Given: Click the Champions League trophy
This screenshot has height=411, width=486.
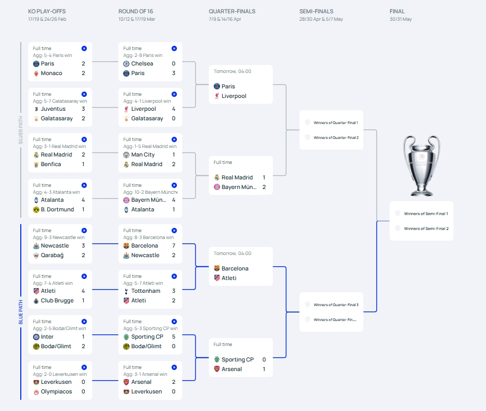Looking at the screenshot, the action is pyautogui.click(x=421, y=166).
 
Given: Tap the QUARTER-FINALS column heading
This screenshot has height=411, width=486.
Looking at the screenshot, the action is pyautogui.click(x=232, y=12).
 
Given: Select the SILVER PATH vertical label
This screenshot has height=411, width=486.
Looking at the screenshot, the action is pyautogui.click(x=21, y=130).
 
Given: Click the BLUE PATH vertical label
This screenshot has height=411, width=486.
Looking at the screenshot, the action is pyautogui.click(x=21, y=312).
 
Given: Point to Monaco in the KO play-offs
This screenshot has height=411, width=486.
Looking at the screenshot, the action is pyautogui.click(x=52, y=73).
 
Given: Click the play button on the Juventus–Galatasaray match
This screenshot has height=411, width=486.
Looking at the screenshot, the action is pyautogui.click(x=84, y=94).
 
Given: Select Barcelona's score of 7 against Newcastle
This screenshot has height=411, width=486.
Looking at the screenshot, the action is pyautogui.click(x=174, y=245).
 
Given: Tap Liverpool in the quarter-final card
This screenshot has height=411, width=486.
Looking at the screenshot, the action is pyautogui.click(x=234, y=96).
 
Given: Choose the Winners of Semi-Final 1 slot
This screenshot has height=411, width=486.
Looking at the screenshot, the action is pyautogui.click(x=426, y=213).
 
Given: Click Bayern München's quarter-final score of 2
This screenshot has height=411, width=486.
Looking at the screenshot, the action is pyautogui.click(x=264, y=187).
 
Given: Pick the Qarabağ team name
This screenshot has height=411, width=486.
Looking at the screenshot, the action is pyautogui.click(x=52, y=255).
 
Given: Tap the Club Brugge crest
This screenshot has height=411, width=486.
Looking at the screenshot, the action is pyautogui.click(x=36, y=301).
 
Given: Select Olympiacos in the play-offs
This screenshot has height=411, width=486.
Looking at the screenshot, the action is pyautogui.click(x=56, y=391).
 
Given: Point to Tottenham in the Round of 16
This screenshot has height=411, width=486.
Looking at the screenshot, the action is pyautogui.click(x=145, y=291).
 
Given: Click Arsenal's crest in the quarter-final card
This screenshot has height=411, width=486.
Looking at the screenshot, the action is pyautogui.click(x=217, y=369).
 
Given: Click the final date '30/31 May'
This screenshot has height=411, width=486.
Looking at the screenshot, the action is pyautogui.click(x=401, y=19).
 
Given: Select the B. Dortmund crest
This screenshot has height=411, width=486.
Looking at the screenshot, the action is pyautogui.click(x=36, y=210).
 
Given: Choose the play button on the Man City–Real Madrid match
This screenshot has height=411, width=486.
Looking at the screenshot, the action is pyautogui.click(x=174, y=139).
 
